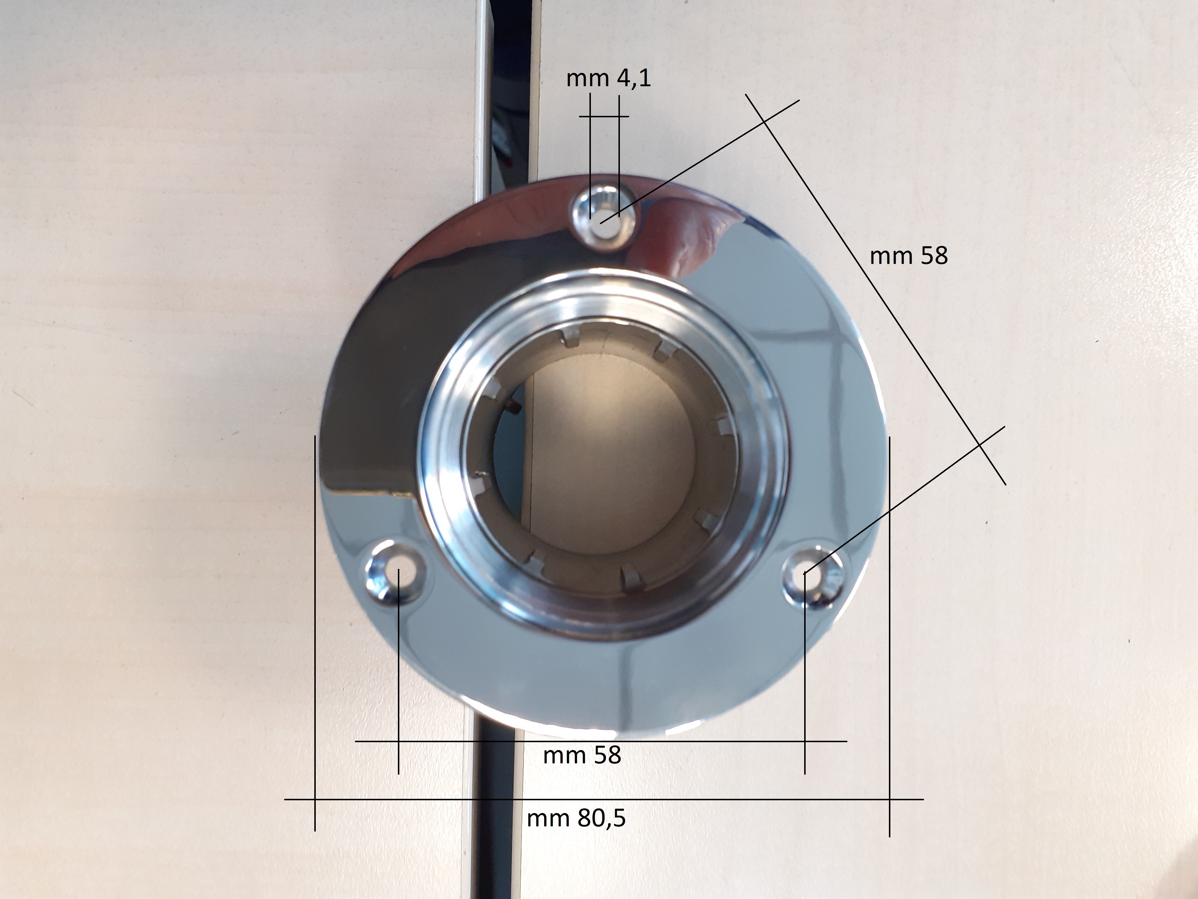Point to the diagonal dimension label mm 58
(x=909, y=256)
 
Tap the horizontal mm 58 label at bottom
(x=582, y=755)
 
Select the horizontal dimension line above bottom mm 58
(x=601, y=741)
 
